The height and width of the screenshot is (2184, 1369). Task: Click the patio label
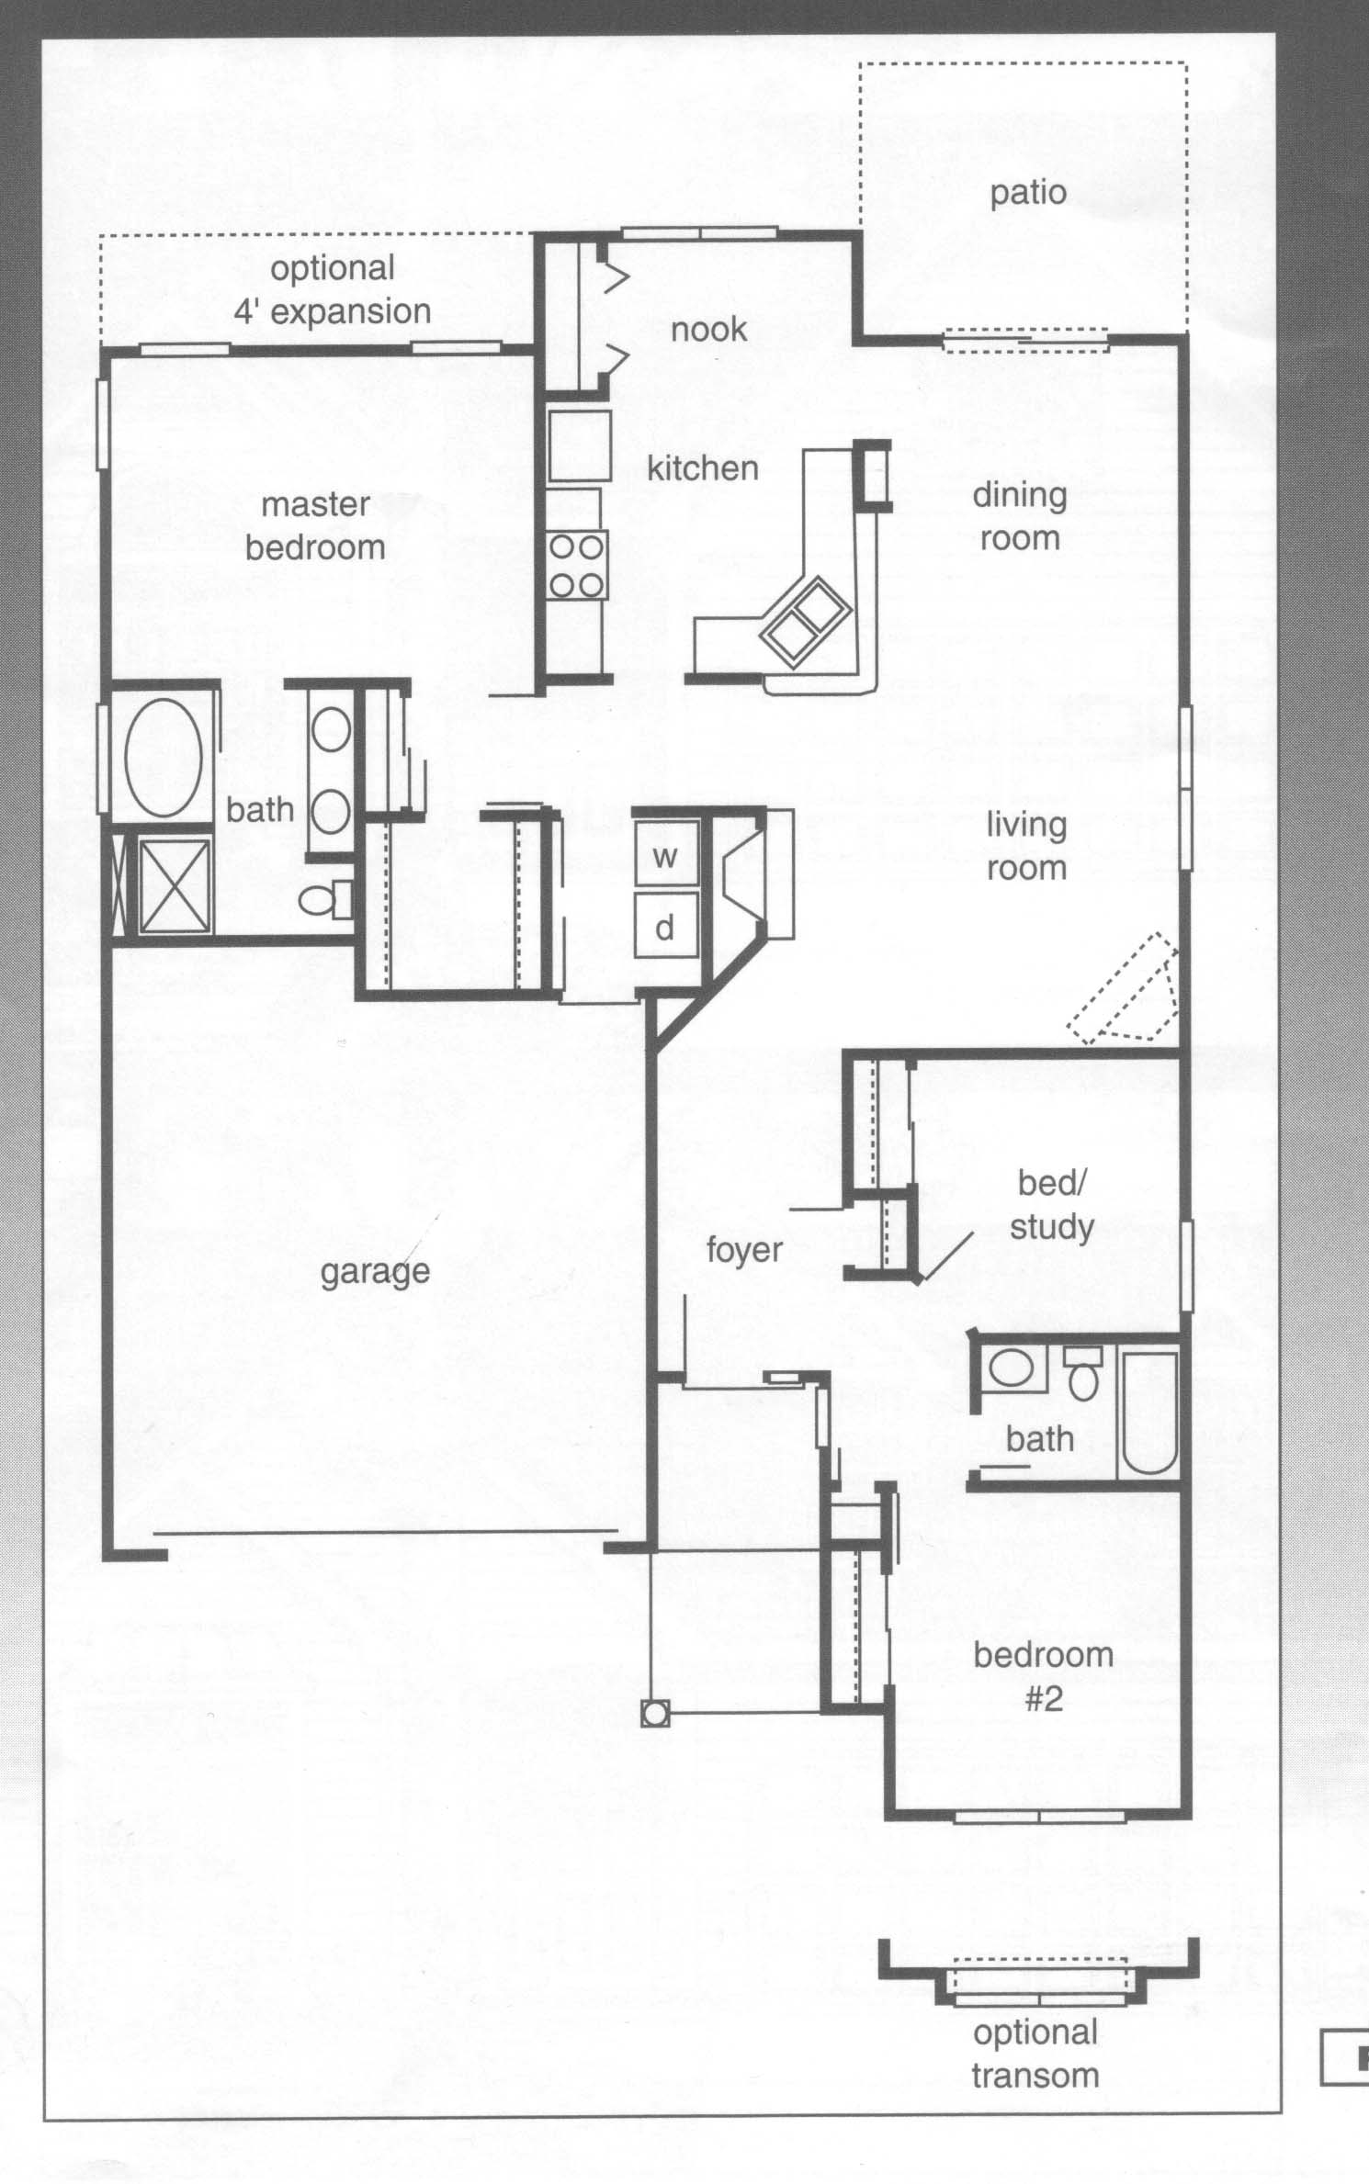click(1027, 194)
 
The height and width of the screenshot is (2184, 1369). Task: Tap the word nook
click(708, 330)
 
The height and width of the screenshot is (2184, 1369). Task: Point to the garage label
click(375, 1272)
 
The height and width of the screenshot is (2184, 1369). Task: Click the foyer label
click(744, 1250)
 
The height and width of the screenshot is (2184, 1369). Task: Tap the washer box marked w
click(666, 854)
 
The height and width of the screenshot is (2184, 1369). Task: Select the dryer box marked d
click(666, 927)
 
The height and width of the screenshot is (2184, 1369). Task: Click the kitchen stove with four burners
click(577, 566)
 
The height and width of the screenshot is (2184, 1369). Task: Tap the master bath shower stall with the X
click(174, 886)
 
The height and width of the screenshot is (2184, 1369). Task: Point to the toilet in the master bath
click(325, 899)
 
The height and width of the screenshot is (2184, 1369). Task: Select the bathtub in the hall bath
click(1148, 1414)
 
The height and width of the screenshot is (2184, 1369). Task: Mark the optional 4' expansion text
click(333, 290)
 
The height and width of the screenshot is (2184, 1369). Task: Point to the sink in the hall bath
click(1012, 1369)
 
